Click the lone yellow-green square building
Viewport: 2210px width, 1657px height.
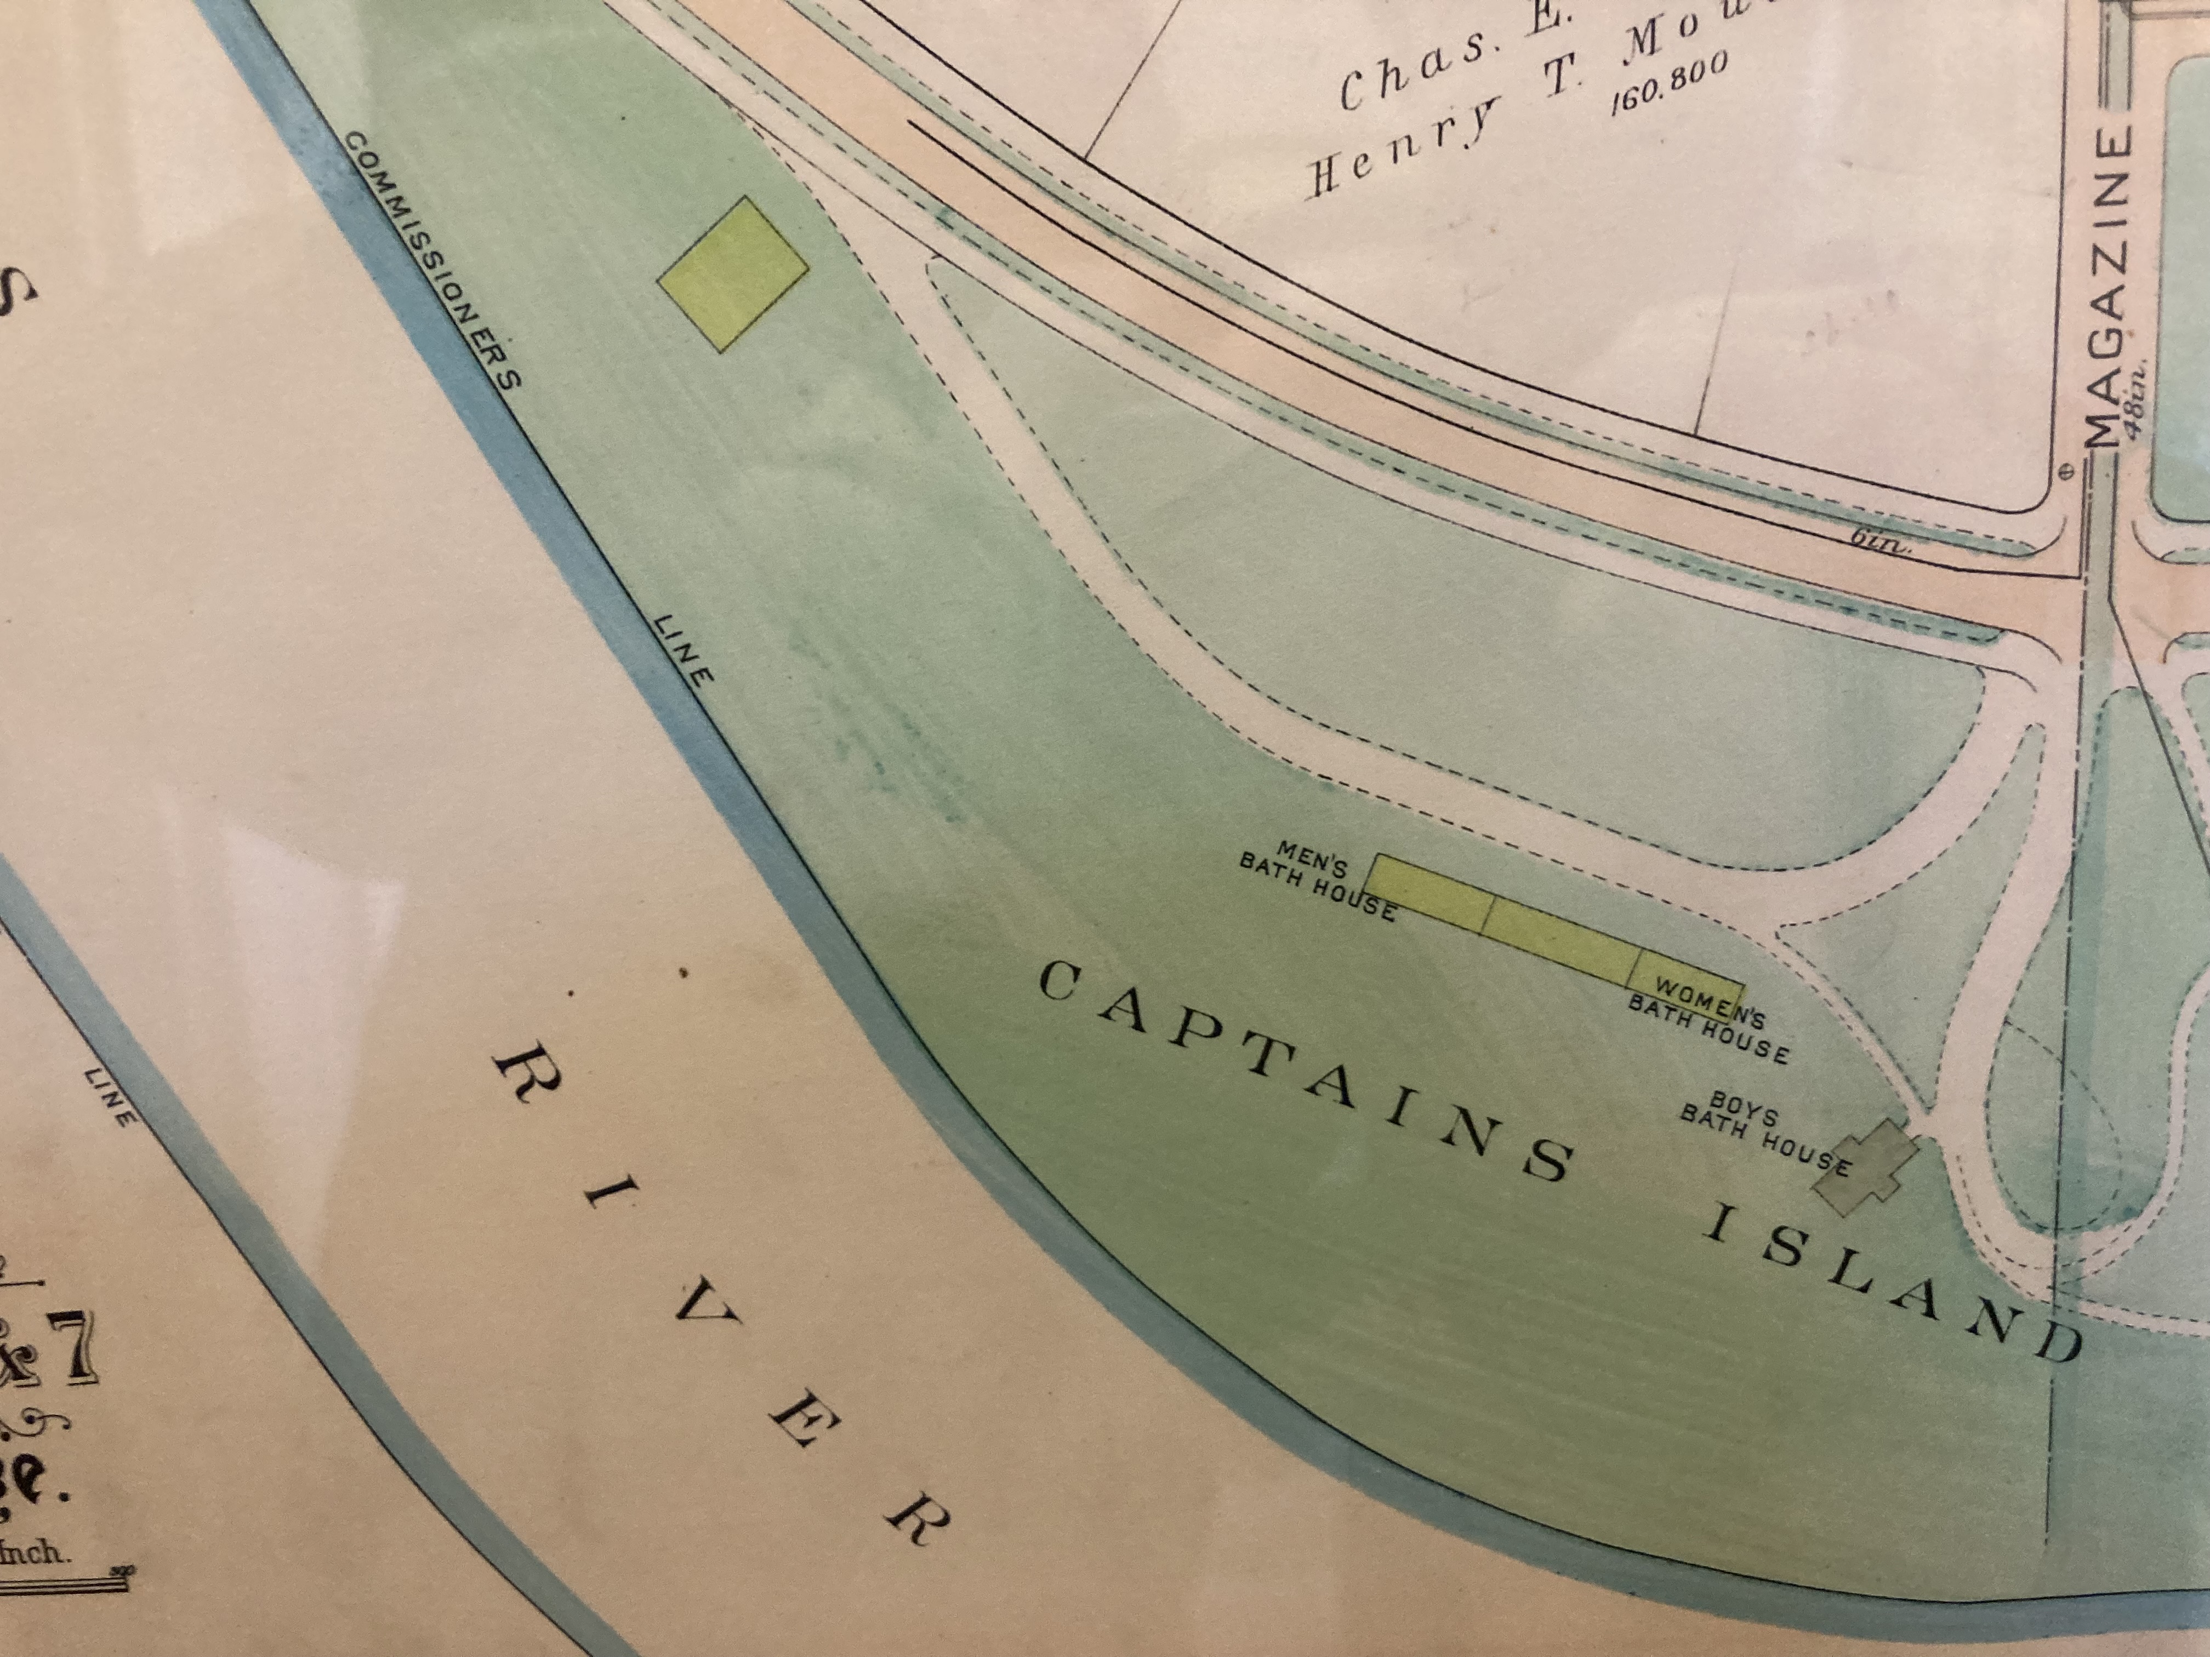[x=732, y=273]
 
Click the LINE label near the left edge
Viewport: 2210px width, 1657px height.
[x=111, y=1096]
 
